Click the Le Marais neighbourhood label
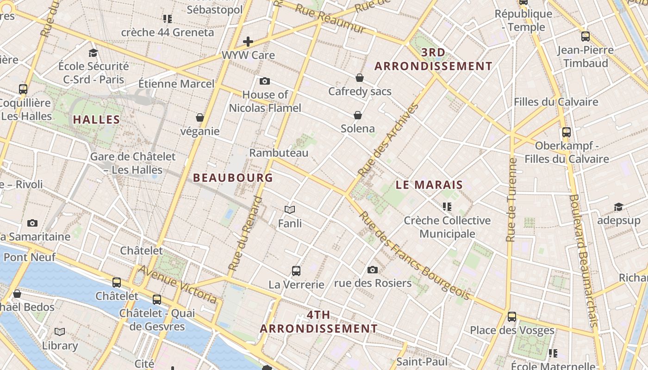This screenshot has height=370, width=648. [x=429, y=185]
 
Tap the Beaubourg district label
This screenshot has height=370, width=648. [x=233, y=178]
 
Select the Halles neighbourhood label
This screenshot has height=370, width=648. [x=96, y=119]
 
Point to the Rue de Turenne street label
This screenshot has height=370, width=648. [x=511, y=200]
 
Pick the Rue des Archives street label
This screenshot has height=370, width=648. [x=389, y=140]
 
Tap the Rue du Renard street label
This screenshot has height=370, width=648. [x=245, y=234]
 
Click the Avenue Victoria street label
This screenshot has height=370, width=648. [x=178, y=284]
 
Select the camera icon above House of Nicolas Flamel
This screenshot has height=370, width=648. [x=265, y=81]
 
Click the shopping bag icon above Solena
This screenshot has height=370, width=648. [x=358, y=115]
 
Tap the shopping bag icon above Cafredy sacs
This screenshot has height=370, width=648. [x=360, y=78]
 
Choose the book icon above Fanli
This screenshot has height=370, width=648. [x=290, y=210]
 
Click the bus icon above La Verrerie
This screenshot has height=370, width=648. [x=296, y=271]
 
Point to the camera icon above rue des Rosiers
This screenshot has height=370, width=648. [x=373, y=270]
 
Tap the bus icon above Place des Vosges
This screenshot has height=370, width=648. [x=512, y=317]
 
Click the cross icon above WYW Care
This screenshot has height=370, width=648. [x=248, y=42]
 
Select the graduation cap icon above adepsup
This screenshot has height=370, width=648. [x=618, y=207]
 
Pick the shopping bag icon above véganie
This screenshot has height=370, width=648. [x=200, y=117]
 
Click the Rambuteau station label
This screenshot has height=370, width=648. [x=279, y=153]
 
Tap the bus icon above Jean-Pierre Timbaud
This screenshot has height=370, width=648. [x=586, y=36]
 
